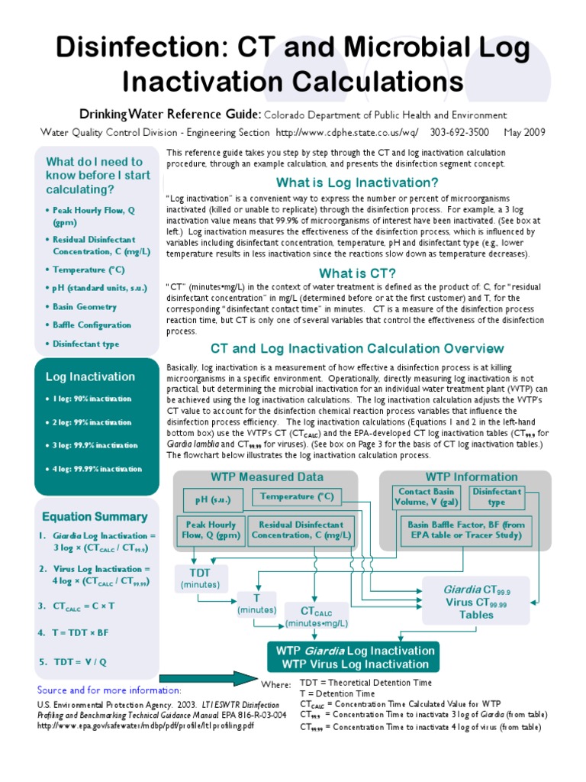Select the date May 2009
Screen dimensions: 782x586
(524, 131)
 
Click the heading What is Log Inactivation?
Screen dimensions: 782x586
(356, 183)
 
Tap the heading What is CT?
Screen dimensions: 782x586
(357, 273)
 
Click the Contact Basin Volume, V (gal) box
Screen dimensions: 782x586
(425, 497)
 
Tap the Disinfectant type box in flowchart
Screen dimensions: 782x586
(497, 497)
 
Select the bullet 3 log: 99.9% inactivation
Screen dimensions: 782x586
(95, 445)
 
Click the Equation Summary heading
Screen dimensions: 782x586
(95, 516)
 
